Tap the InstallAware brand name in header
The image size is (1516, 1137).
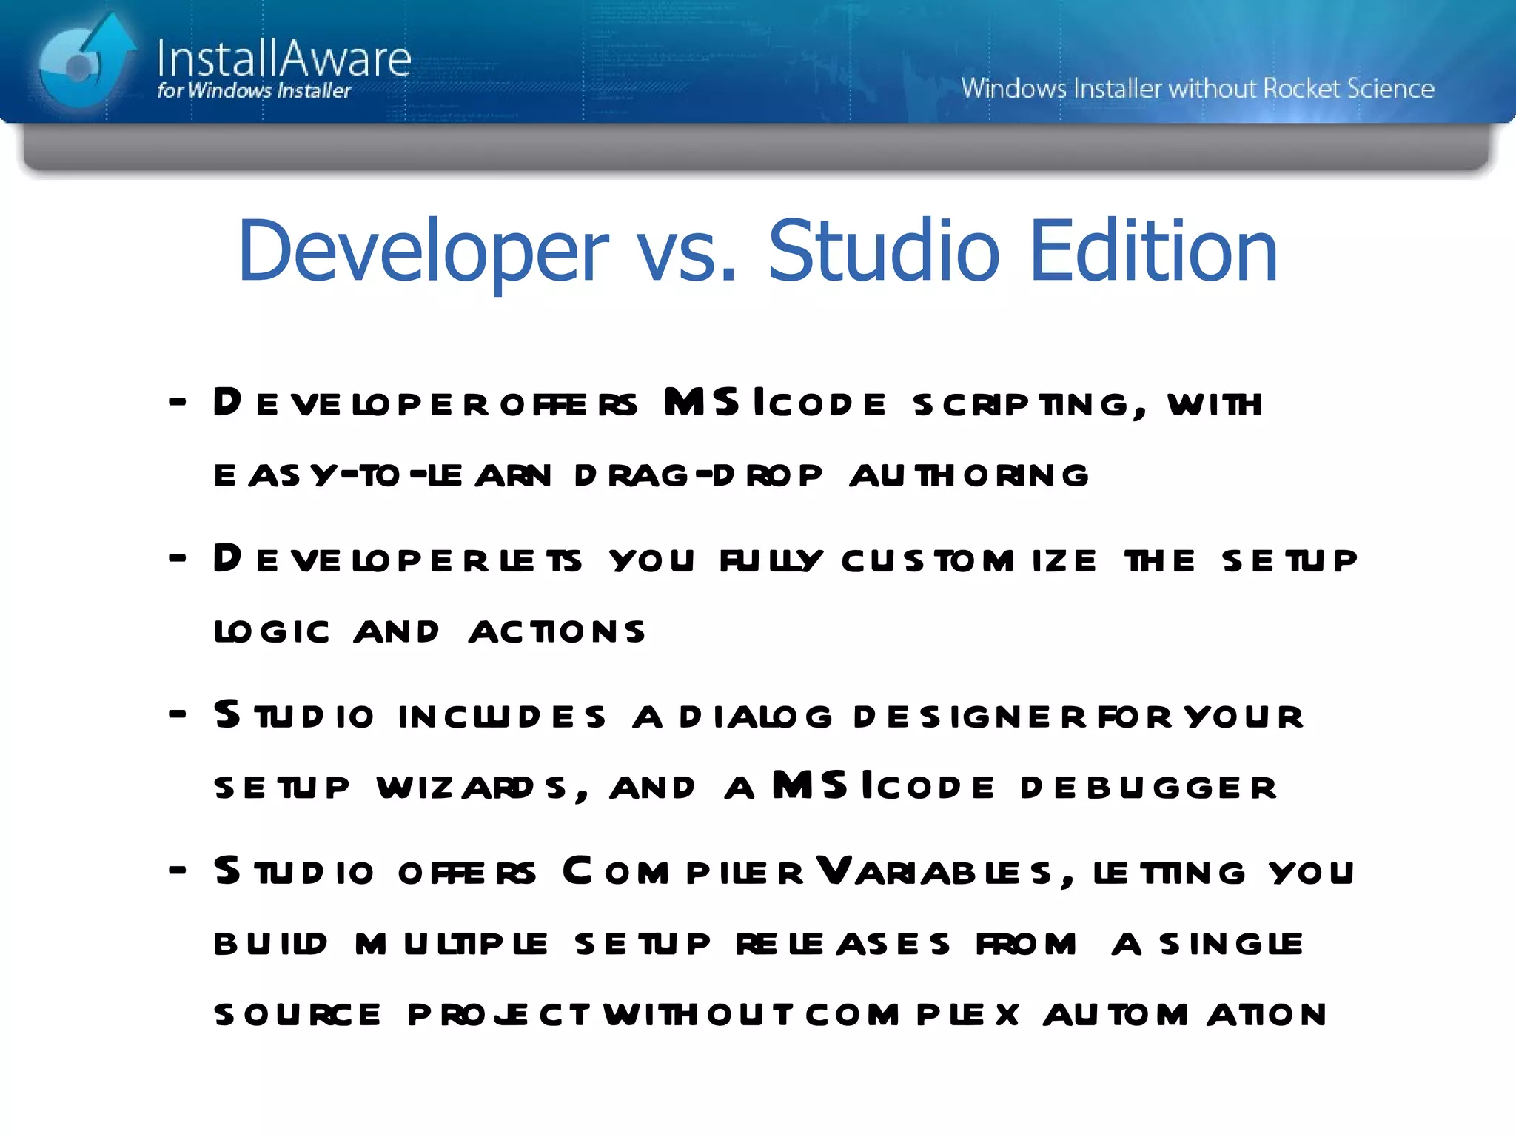284,58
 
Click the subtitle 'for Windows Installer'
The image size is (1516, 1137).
254,91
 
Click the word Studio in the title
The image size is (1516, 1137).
884,252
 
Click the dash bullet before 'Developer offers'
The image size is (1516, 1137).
177,403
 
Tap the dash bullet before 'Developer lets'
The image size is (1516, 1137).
177,559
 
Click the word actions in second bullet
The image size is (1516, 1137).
557,632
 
